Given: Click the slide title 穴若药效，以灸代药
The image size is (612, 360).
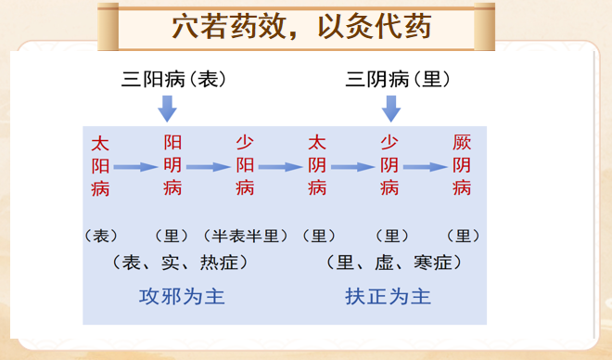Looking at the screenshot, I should point(302,28).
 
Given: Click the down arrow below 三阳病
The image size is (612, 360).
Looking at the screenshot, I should point(167,109).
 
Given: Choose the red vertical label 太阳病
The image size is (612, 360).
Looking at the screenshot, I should point(100,166).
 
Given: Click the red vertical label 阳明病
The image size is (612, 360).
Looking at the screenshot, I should point(172,166).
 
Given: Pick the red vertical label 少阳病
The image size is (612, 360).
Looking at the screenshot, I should point(245,166).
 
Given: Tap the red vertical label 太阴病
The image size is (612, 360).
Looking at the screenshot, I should point(317,166).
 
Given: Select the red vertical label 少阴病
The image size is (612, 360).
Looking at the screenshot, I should point(389,166).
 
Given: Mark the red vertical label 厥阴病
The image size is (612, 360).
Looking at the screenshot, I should point(462,166).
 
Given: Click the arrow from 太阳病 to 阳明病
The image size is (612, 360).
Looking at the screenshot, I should point(135,168).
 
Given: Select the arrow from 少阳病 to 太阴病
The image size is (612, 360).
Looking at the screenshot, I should point(281,168).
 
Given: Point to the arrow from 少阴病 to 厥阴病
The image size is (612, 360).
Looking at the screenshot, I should point(426,168).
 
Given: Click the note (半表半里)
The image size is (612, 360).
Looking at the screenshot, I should point(245,236).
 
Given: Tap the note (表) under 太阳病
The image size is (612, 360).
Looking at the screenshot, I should point(100,236).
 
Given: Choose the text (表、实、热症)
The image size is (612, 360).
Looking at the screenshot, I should point(181,263).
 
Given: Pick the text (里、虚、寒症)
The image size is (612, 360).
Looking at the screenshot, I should point(394,263).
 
